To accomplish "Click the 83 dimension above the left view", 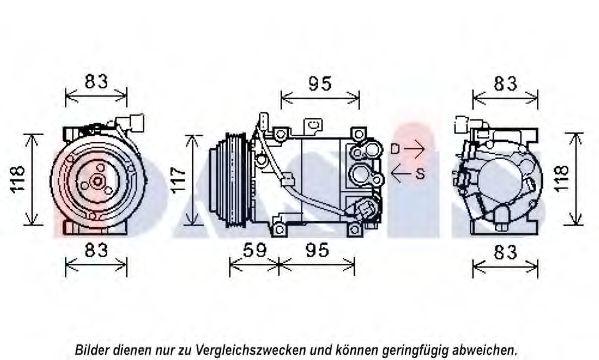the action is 96,81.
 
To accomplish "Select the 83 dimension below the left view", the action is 96,250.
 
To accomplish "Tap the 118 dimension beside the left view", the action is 18,179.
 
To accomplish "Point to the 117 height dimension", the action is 178,180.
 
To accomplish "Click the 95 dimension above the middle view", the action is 320,84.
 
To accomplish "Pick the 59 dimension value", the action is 254,250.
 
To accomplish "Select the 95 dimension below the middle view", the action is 317,250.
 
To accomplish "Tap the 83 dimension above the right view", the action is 505,84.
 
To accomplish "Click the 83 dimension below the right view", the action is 505,252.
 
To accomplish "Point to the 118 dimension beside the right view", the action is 562,178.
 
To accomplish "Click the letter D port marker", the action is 395,149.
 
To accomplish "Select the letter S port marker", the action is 420,174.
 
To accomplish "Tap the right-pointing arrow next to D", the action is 414,149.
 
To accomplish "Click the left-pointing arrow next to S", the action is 401,174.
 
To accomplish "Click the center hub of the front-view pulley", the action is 97,181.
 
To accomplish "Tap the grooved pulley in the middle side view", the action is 230,180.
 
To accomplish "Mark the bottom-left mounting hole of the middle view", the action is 279,230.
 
